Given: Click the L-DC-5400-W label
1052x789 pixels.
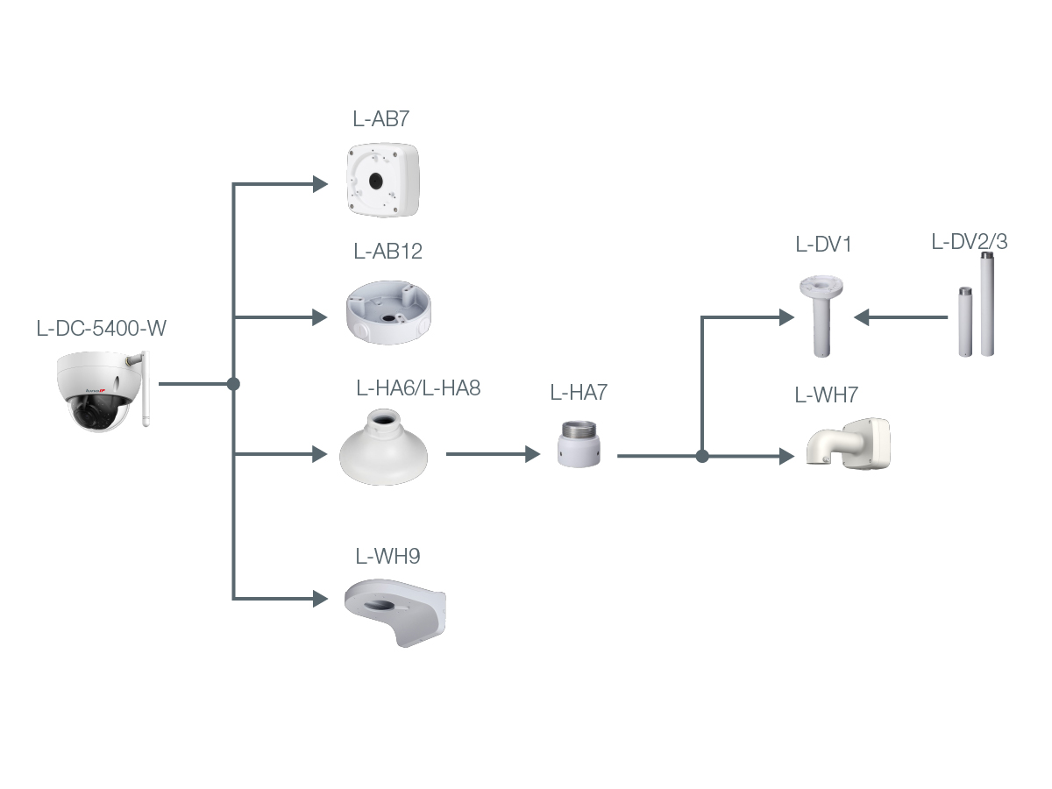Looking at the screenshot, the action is [x=101, y=328].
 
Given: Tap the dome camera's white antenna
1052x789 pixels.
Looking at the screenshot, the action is [x=146, y=388].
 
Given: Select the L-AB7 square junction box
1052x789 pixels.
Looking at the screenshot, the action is [x=382, y=180].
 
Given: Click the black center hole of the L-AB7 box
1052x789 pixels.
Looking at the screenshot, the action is [x=375, y=181].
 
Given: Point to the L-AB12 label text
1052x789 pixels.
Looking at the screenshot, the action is [x=387, y=251].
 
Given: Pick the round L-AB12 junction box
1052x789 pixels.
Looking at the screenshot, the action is [x=388, y=312].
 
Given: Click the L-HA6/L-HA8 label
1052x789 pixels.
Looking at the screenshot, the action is [x=418, y=388].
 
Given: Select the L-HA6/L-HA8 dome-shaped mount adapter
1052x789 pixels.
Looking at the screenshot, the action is [x=383, y=447].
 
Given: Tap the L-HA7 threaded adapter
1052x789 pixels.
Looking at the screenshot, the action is [x=579, y=444].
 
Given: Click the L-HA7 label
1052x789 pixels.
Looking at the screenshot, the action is [x=579, y=393].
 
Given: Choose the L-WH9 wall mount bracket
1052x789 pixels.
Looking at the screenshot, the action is [x=394, y=613].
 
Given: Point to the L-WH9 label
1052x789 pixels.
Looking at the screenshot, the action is [x=387, y=556].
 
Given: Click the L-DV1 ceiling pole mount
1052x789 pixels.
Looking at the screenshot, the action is [x=821, y=316].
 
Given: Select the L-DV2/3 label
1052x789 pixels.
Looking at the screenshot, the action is [x=969, y=242].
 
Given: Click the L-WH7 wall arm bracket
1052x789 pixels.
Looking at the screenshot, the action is [x=848, y=444].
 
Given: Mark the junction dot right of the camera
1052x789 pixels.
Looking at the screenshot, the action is [x=233, y=384].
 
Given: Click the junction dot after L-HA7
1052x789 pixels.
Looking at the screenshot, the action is [x=702, y=456].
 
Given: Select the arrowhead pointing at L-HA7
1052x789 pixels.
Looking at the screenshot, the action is [x=533, y=454].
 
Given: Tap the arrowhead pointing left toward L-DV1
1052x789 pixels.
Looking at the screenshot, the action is [x=862, y=317].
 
